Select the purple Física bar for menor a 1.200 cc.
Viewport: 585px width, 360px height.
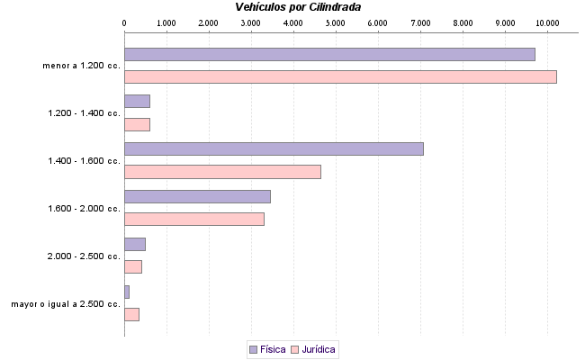[x=329, y=54]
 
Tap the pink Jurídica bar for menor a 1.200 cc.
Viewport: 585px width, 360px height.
[x=340, y=76]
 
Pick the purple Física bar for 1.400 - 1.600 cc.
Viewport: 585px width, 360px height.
[x=274, y=148]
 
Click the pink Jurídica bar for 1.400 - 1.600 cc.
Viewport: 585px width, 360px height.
[x=222, y=172]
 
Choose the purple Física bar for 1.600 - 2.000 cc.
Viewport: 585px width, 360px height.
[x=197, y=196]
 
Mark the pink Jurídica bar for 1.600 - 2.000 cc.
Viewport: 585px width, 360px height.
[x=194, y=219]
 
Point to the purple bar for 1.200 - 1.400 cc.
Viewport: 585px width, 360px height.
[x=137, y=101]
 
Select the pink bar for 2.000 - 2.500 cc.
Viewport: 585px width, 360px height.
[x=133, y=266]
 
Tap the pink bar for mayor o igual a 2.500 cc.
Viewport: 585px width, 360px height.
[x=131, y=314]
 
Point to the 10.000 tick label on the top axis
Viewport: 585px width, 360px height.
[x=546, y=22]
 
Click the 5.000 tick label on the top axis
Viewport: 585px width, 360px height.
[x=335, y=22]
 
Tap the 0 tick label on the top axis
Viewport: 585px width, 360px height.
[x=124, y=22]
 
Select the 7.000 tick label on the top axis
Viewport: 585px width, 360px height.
[x=419, y=22]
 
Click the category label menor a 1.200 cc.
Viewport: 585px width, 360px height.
[x=81, y=66]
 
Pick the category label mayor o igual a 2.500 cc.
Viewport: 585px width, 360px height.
[x=66, y=304]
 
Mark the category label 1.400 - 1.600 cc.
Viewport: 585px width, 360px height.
[x=84, y=161]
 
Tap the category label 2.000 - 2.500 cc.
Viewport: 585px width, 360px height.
[x=84, y=256]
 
